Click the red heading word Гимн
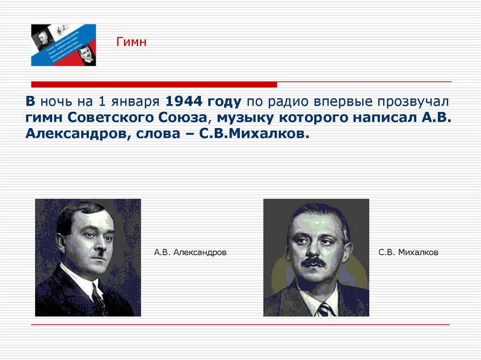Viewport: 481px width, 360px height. [x=132, y=43]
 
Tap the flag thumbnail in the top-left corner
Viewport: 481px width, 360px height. [x=63, y=45]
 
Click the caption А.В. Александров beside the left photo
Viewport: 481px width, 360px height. [x=190, y=253]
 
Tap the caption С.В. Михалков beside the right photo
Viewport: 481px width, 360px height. [x=408, y=253]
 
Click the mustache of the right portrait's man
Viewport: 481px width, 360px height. [x=313, y=262]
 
